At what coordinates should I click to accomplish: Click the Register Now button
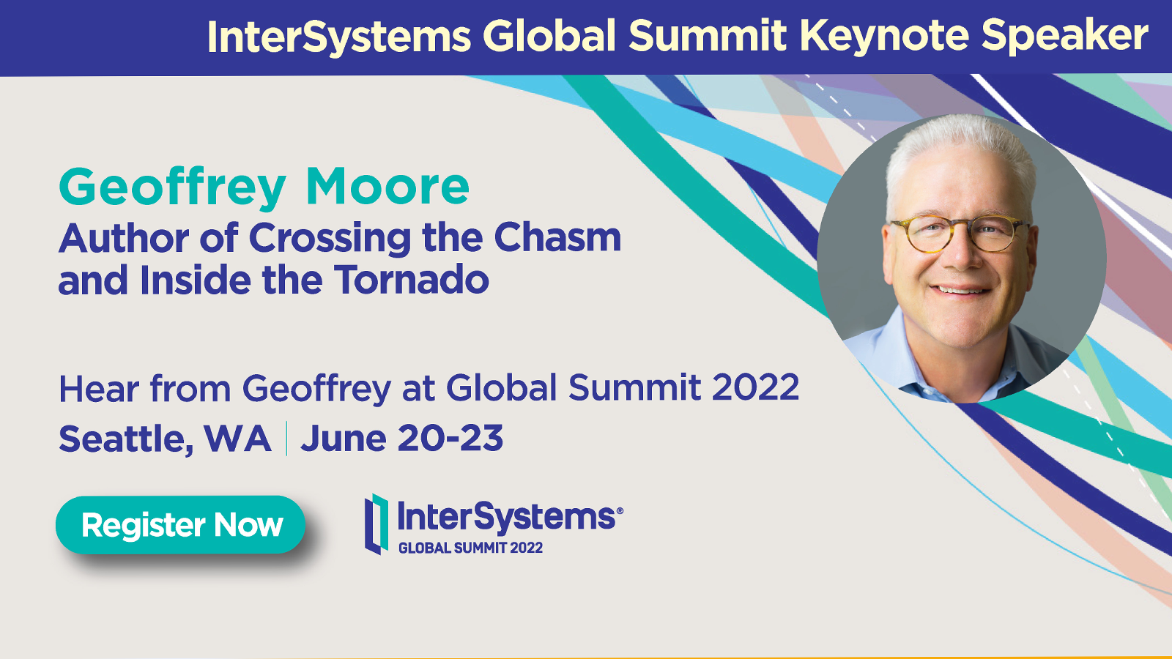tap(180, 524)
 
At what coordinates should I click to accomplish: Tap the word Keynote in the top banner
tap(884, 37)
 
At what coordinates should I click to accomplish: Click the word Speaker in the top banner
tap(1065, 37)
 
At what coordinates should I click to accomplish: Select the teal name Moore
tap(387, 187)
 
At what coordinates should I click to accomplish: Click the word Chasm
tap(557, 237)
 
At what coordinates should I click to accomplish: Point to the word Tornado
tap(411, 279)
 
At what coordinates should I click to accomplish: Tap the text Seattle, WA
tap(165, 439)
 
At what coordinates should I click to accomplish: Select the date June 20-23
tap(402, 438)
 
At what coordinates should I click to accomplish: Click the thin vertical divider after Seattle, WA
tap(286, 439)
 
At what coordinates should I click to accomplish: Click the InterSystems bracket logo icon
tap(377, 524)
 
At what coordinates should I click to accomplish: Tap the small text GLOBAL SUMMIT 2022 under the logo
tap(470, 548)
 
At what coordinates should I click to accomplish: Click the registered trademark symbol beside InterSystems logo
tap(620, 510)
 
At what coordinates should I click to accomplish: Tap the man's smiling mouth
tap(960, 290)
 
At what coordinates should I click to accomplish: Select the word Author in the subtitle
tap(124, 238)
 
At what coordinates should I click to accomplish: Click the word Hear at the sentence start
tap(100, 389)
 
